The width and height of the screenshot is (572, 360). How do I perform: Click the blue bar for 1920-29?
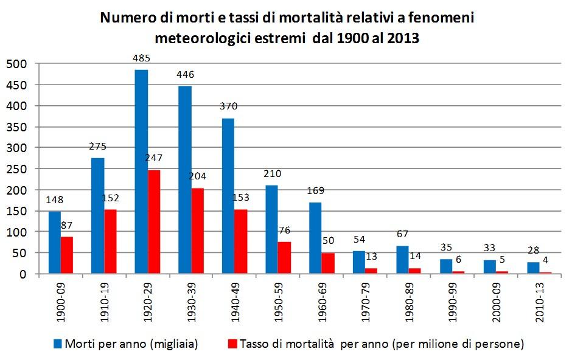141,171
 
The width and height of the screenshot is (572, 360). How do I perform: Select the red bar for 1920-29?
155,222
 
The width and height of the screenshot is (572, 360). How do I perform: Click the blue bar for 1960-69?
315,238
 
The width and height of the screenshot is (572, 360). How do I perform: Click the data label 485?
141,59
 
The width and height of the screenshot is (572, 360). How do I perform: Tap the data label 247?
155,158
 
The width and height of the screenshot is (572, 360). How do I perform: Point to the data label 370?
228,106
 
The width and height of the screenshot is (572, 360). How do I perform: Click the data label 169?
315,190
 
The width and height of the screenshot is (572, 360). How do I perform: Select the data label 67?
402,234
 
